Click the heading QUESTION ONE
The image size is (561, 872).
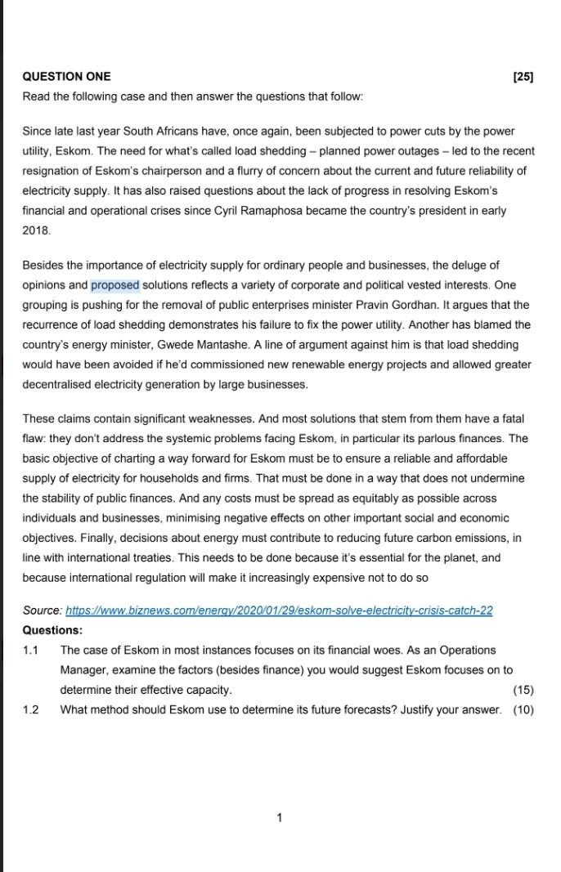66,77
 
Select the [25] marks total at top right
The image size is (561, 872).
523,77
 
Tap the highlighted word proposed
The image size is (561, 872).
115,285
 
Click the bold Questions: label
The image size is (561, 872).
52,630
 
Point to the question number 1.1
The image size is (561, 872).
31,651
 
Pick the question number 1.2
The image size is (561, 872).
31,709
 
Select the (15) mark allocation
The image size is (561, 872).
523,690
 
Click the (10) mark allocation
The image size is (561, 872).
523,709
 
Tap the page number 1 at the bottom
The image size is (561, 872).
280,817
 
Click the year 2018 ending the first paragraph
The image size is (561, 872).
37,230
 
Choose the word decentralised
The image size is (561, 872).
63,384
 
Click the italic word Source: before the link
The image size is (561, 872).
42,610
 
